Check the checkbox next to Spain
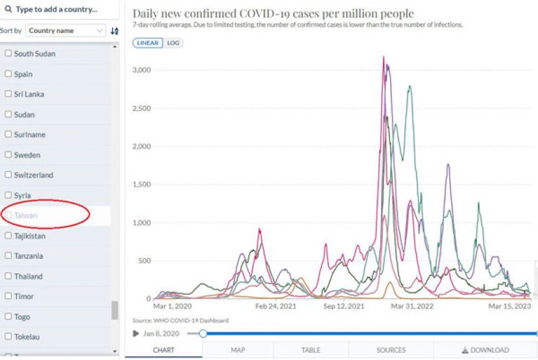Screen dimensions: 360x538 [8, 74]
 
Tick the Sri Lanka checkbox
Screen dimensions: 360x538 [8, 94]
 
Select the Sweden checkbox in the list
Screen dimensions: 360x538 [8, 155]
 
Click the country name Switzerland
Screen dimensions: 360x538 [34, 175]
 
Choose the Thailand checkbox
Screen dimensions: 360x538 [8, 276]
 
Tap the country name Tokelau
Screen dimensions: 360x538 [29, 337]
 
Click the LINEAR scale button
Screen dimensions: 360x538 [147, 43]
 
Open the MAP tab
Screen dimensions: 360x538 [238, 350]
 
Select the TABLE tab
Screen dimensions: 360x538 [311, 350]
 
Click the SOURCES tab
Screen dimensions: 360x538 [391, 350]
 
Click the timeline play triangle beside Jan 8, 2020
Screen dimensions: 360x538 [136, 333]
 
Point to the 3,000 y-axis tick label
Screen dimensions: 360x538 [141, 70]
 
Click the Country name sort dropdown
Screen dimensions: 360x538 [66, 30]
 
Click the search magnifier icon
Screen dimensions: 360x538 [8, 10]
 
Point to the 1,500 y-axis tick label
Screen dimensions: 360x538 [141, 185]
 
